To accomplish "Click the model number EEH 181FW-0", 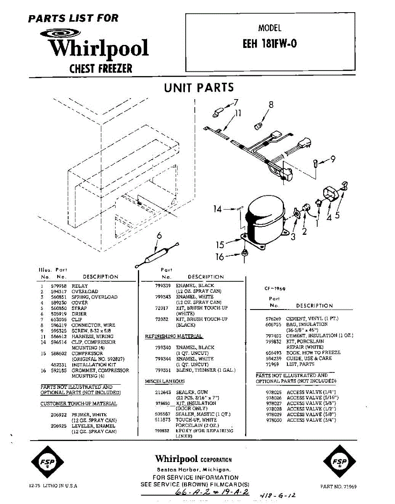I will pyautogui.click(x=270, y=44).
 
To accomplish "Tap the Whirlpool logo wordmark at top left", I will pyautogui.click(x=99, y=48).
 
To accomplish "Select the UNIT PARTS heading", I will pyautogui.click(x=199, y=87).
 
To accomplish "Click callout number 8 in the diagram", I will pyautogui.click(x=271, y=105).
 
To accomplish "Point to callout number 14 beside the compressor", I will pyautogui.click(x=217, y=209).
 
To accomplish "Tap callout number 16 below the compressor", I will pyautogui.click(x=220, y=257).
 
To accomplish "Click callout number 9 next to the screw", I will pyautogui.click(x=333, y=159).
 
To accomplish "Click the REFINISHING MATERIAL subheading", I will pyautogui.click(x=174, y=336).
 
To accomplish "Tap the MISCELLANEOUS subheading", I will pyautogui.click(x=164, y=381).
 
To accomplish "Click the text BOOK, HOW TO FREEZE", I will pyautogui.click(x=313, y=353).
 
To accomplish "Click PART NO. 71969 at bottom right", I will pyautogui.click(x=338, y=487).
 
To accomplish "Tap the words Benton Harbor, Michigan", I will pyautogui.click(x=193, y=469).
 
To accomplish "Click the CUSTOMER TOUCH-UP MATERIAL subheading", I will pyautogui.click(x=79, y=404).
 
